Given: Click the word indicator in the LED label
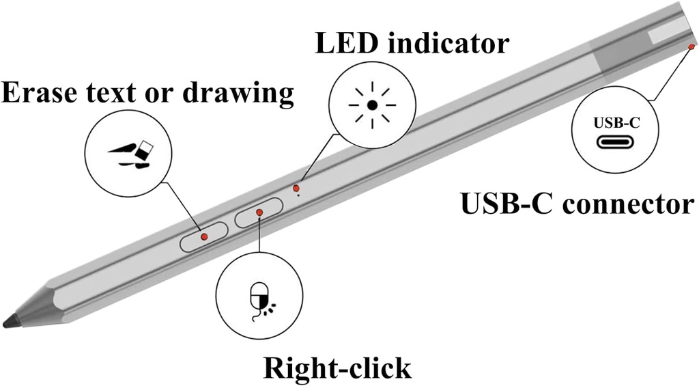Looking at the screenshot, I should click(451, 44).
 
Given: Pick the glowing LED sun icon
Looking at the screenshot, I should click(372, 106).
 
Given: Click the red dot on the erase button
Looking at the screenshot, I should click(204, 236).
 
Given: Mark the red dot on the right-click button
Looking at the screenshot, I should click(259, 213).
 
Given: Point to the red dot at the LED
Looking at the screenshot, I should click(296, 187).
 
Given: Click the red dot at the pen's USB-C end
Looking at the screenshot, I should click(691, 46).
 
